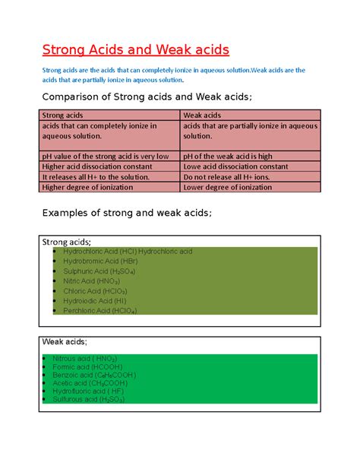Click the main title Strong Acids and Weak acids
click(x=134, y=50)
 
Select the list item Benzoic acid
click(x=94, y=375)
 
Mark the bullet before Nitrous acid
click(x=46, y=358)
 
